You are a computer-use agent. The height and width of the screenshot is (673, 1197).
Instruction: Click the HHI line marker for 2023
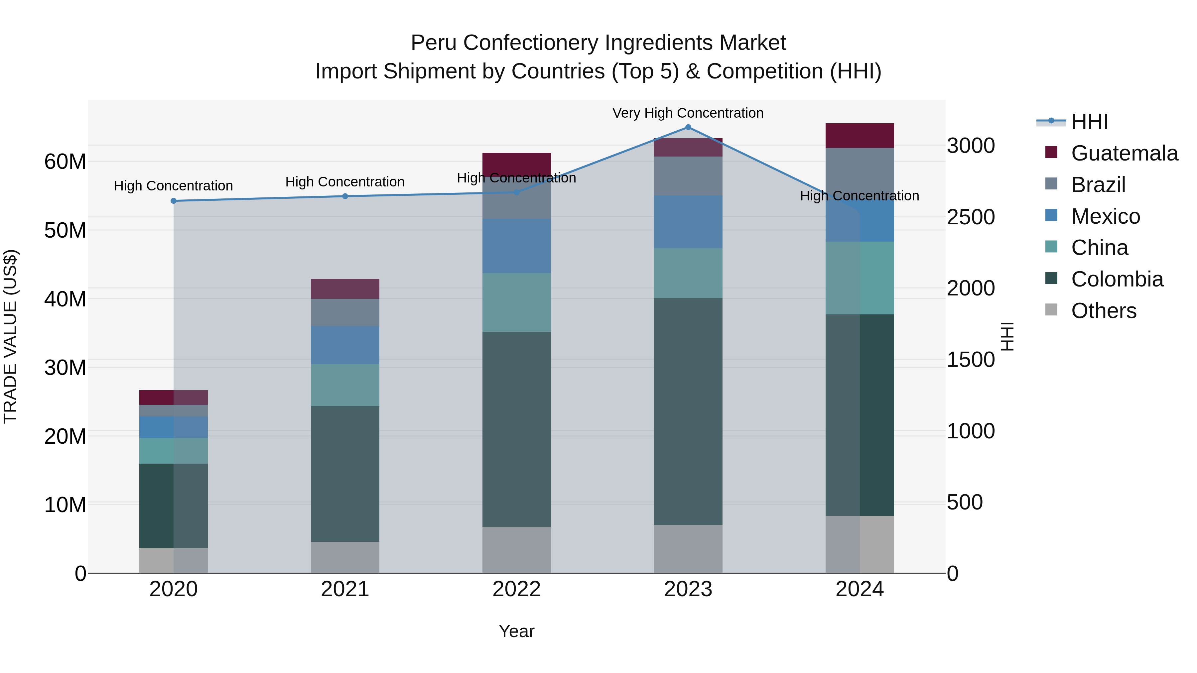(688, 127)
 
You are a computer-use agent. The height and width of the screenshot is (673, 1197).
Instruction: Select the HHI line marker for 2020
(173, 201)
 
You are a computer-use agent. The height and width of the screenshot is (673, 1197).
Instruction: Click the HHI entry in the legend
(1089, 122)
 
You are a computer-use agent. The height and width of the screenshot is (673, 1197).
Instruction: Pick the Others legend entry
(1103, 311)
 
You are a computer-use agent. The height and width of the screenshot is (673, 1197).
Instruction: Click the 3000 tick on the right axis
(971, 146)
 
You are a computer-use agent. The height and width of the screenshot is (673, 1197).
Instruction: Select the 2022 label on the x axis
(516, 589)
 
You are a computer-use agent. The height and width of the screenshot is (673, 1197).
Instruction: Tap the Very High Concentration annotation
(688, 113)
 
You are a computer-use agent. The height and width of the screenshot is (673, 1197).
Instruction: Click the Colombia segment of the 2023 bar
(688, 411)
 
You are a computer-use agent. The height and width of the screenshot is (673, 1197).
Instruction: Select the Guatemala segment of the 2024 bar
(860, 136)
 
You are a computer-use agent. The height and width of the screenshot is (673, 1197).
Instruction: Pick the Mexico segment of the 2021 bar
(345, 345)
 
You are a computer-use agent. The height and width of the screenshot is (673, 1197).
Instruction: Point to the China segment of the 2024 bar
(860, 278)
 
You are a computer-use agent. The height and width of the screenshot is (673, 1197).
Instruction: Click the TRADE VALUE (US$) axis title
(10, 336)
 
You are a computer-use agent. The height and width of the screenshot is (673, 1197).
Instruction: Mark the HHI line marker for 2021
(345, 196)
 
